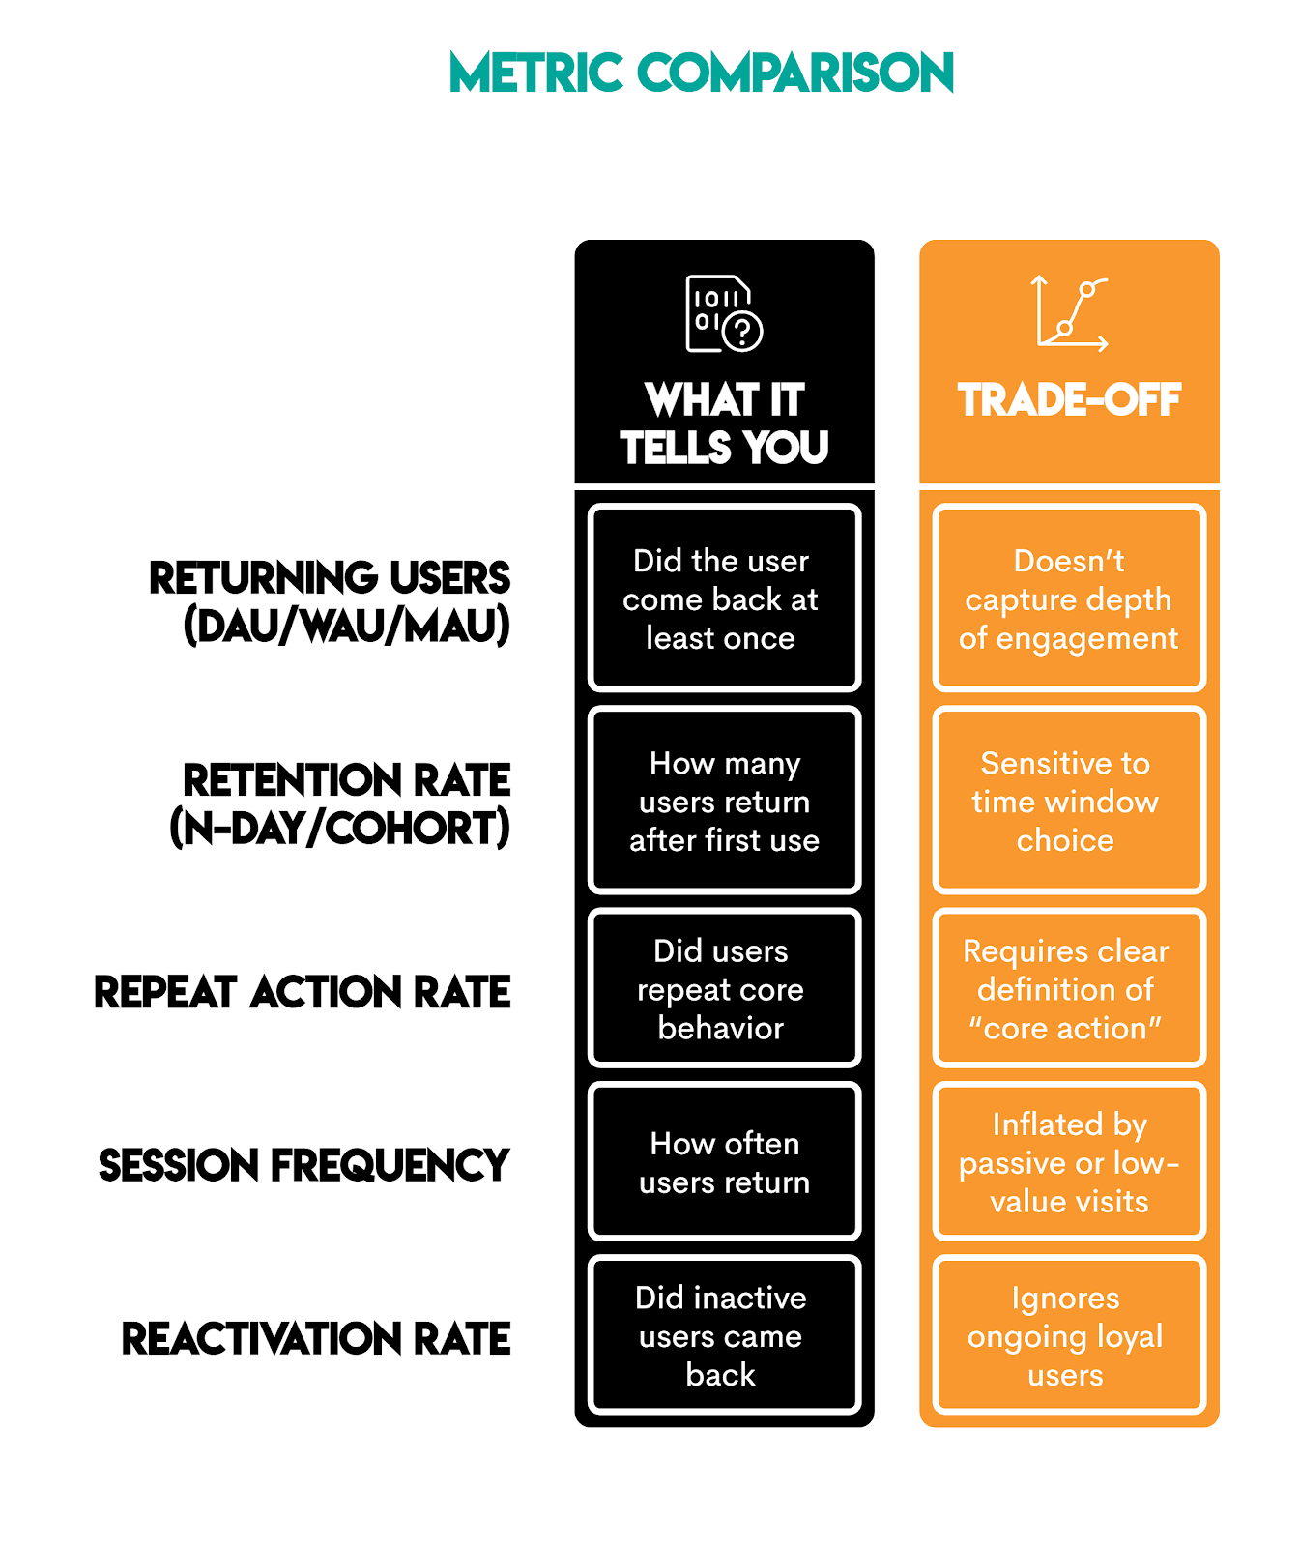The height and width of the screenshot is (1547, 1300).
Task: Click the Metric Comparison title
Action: coord(701,73)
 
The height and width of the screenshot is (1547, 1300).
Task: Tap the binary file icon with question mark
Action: coord(724,313)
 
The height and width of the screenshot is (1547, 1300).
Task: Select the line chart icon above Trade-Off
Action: coord(1069,313)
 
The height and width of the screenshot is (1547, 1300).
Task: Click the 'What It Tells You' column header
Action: coord(724,423)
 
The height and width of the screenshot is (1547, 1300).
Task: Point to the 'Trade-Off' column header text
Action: coord(1069,400)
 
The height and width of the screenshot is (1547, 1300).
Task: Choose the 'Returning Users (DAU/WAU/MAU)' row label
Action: coord(330,601)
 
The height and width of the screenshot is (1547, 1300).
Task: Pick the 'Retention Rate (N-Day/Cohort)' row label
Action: coord(340,803)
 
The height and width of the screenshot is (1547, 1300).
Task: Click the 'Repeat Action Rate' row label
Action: coord(303,992)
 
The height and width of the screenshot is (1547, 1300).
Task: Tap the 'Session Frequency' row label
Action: coord(303,1165)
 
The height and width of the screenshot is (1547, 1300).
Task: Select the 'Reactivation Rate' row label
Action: coord(316,1339)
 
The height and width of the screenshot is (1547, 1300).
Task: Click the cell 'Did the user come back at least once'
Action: coord(724,598)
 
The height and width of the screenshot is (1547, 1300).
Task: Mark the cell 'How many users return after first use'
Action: coord(724,802)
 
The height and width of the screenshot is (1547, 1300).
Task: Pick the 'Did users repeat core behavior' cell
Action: coord(724,989)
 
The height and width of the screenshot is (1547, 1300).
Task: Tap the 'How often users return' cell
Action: coord(724,1162)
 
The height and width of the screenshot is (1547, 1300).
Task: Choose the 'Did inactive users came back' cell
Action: coord(724,1335)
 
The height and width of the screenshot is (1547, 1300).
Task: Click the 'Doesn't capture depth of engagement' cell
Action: coord(1069,598)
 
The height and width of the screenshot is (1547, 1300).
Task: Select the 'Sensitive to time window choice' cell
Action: coord(1069,802)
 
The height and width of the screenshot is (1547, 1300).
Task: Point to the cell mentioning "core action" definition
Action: coord(1069,989)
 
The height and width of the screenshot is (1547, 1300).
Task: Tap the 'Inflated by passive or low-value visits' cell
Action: coord(1069,1162)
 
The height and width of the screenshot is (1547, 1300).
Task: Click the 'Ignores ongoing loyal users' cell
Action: coord(1069,1335)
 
